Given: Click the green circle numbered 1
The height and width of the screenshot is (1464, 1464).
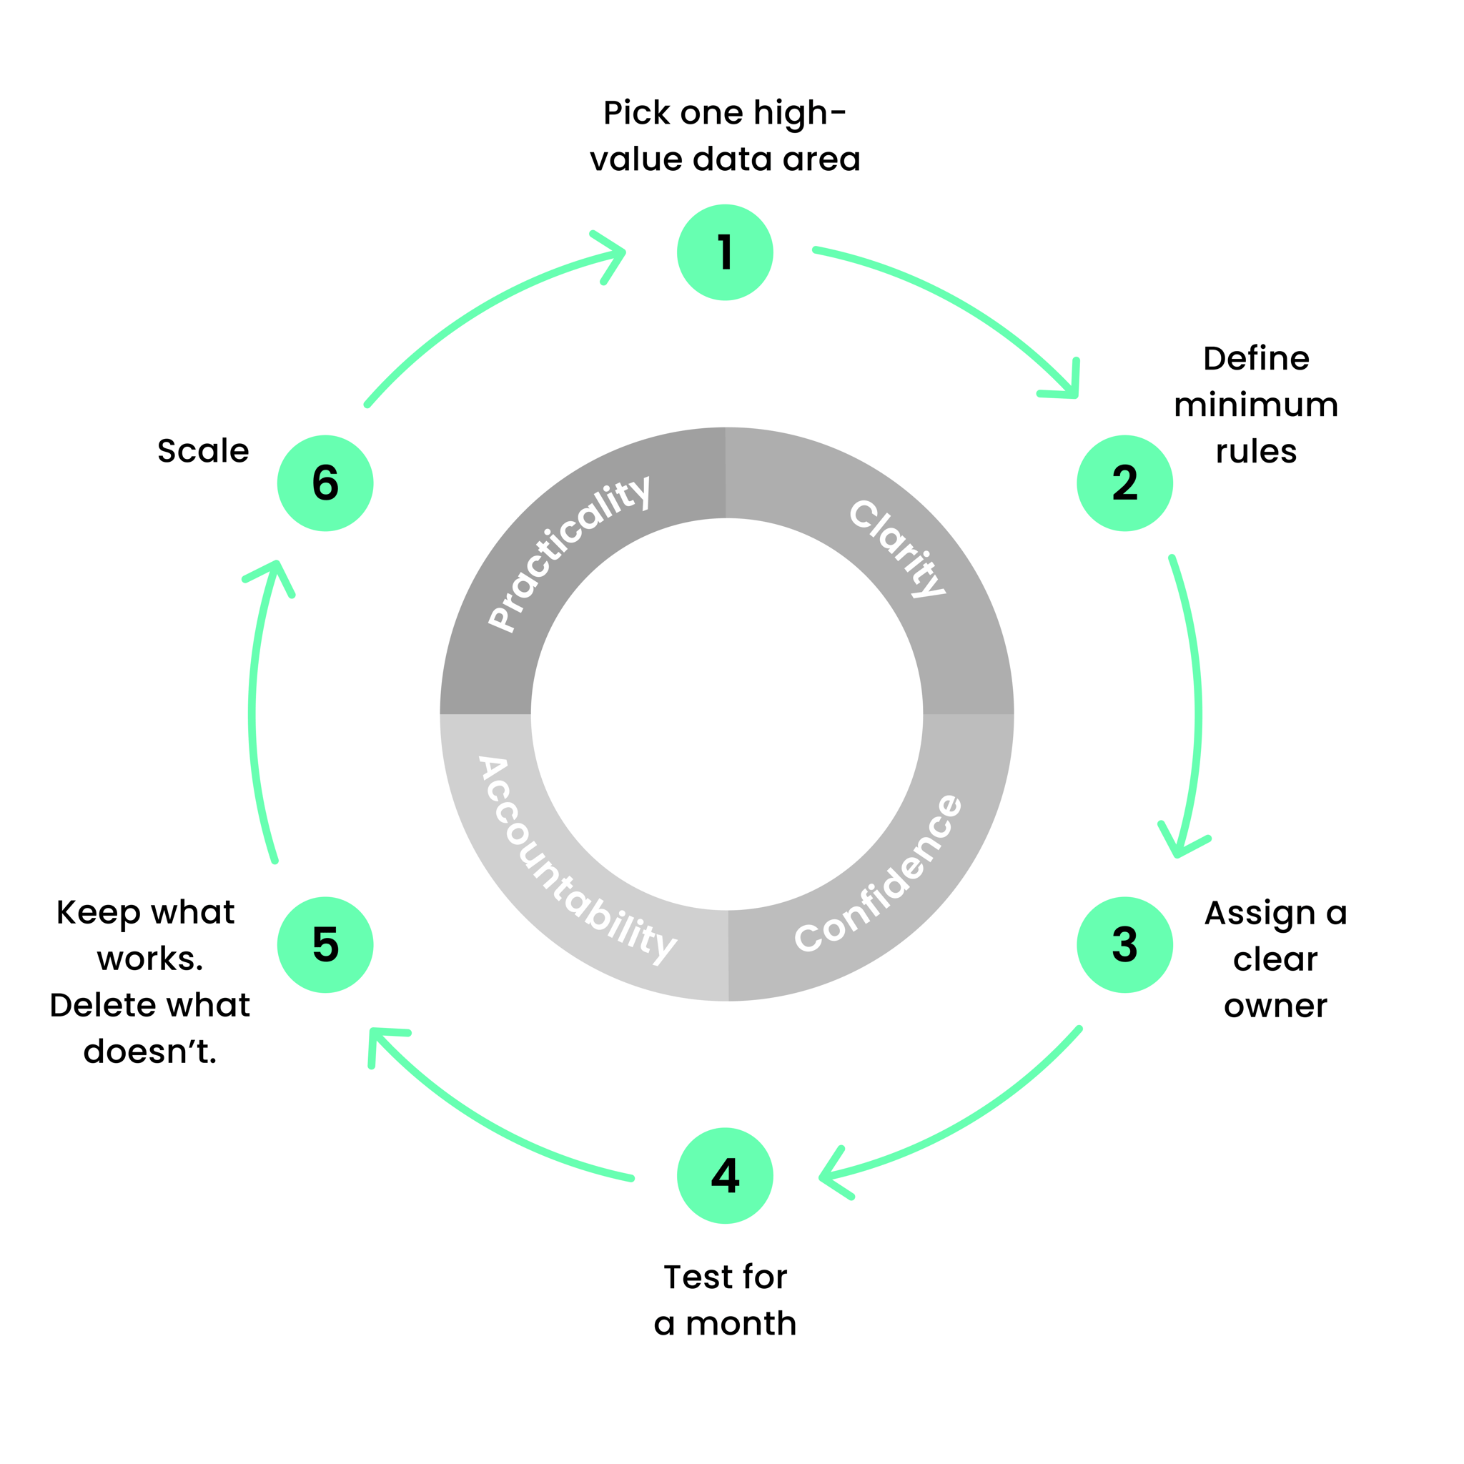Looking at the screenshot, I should tap(724, 252).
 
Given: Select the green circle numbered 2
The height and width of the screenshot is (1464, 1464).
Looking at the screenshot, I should tap(1124, 483).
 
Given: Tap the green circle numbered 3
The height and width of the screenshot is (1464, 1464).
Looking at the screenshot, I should tap(1124, 945).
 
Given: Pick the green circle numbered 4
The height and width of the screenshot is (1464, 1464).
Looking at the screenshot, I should tap(724, 1175).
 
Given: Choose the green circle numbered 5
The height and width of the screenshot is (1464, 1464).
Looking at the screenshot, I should tap(325, 945).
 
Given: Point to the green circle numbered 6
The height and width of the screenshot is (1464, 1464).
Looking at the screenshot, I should tap(325, 483).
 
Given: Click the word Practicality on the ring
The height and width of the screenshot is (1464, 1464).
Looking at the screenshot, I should tap(568, 553).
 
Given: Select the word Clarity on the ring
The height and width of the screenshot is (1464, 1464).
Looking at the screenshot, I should tap(897, 548).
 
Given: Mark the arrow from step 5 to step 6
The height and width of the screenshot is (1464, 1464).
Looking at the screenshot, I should tap(252, 712).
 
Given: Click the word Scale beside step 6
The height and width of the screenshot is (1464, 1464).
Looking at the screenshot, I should tap(203, 451).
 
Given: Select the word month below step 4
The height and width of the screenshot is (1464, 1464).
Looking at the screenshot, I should tap(741, 1324).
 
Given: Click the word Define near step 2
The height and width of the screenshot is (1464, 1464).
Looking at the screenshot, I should tap(1255, 358).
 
